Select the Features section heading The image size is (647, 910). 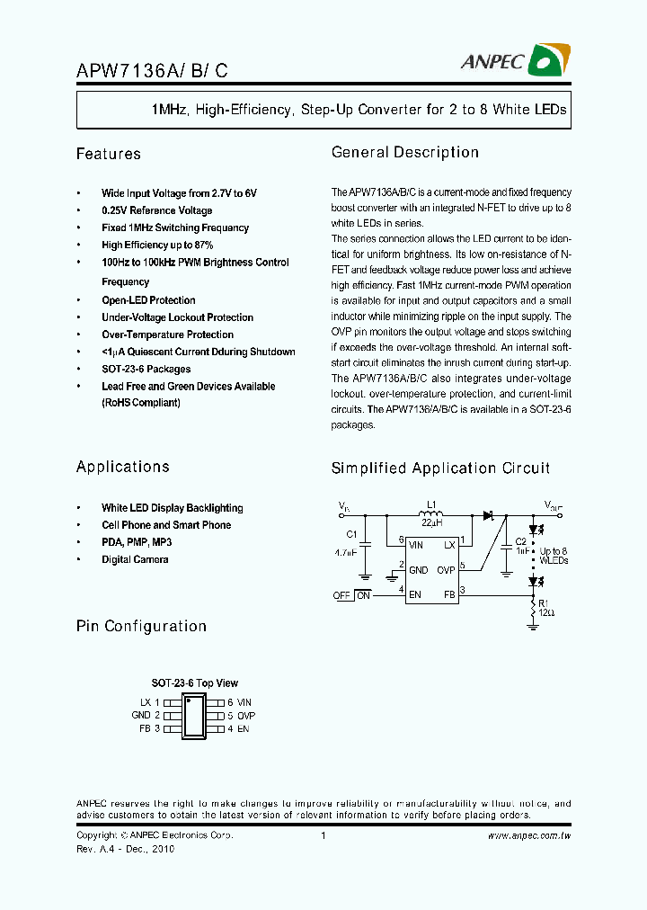click(109, 154)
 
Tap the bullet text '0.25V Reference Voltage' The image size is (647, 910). click(156, 210)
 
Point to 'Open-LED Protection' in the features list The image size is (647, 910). click(148, 300)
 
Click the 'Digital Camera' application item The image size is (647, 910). click(135, 559)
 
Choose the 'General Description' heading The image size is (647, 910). click(405, 152)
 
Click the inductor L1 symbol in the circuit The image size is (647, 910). click(431, 514)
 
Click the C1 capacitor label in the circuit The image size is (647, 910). click(351, 534)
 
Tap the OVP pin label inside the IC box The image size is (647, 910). click(446, 569)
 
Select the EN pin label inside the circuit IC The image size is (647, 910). click(415, 593)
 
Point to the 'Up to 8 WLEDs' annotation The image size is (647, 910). click(554, 556)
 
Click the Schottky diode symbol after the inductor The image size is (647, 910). click(490, 515)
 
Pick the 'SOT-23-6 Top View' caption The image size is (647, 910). click(194, 683)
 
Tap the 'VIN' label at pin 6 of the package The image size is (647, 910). click(244, 702)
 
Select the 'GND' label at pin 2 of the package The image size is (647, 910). click(141, 716)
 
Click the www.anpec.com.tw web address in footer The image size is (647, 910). click(529, 836)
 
